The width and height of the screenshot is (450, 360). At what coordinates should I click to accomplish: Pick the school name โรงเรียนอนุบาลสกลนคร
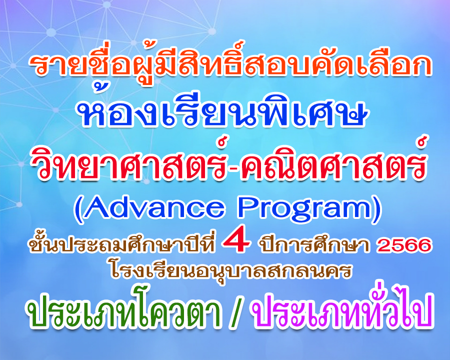point(231,270)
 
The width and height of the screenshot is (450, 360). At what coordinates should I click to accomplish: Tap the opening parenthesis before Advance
point(77,209)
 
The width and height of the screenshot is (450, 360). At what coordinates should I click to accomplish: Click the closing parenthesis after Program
point(377,209)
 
